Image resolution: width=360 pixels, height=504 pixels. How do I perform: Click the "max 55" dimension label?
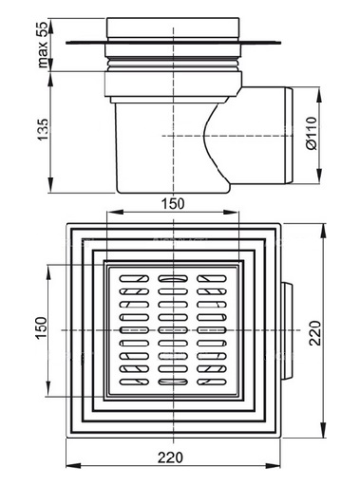(x=42, y=44)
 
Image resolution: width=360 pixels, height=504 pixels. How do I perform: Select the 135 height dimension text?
(x=43, y=129)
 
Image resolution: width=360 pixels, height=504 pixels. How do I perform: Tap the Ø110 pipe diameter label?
(x=312, y=133)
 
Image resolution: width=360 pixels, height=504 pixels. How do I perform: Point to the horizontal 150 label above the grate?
(x=173, y=204)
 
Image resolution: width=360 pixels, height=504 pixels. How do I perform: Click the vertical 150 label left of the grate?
(x=41, y=327)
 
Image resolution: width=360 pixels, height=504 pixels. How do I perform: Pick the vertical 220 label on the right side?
(x=315, y=333)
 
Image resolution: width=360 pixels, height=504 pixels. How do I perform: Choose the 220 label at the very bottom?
(x=170, y=457)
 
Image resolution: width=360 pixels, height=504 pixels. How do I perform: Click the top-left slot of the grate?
(x=134, y=278)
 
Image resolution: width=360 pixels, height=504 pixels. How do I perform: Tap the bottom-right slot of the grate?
(x=212, y=382)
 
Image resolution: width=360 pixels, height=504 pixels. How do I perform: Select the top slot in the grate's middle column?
(x=173, y=278)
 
